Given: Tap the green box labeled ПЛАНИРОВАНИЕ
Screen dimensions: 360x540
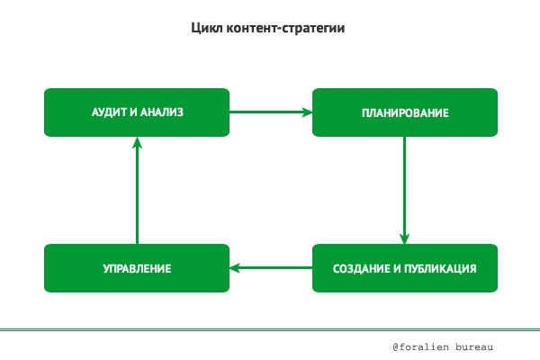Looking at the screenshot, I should tap(405, 112).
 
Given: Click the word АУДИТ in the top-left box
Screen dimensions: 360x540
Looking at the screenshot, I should tap(110, 112).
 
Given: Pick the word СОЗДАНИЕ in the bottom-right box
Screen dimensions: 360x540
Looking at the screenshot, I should tap(360, 268).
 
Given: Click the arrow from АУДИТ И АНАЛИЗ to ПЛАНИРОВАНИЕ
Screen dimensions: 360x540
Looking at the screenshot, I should tap(270, 112).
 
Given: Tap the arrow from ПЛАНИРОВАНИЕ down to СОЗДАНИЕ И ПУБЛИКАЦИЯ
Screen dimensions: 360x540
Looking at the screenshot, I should tap(405, 189).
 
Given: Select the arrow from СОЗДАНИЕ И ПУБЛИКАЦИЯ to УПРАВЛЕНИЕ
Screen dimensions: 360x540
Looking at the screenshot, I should tap(270, 268).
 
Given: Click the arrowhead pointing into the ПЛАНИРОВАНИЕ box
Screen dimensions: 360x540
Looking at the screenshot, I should tap(307, 112).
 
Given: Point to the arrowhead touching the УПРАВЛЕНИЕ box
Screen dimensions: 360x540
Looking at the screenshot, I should tap(236, 268).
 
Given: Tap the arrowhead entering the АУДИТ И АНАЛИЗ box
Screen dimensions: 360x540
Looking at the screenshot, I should tap(137, 142).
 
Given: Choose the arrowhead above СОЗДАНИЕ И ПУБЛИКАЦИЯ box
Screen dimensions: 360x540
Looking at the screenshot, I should tap(405, 238).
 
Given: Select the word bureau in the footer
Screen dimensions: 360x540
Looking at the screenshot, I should tap(476, 346).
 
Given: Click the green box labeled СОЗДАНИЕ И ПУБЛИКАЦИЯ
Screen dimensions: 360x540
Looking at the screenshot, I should tap(405, 268).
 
